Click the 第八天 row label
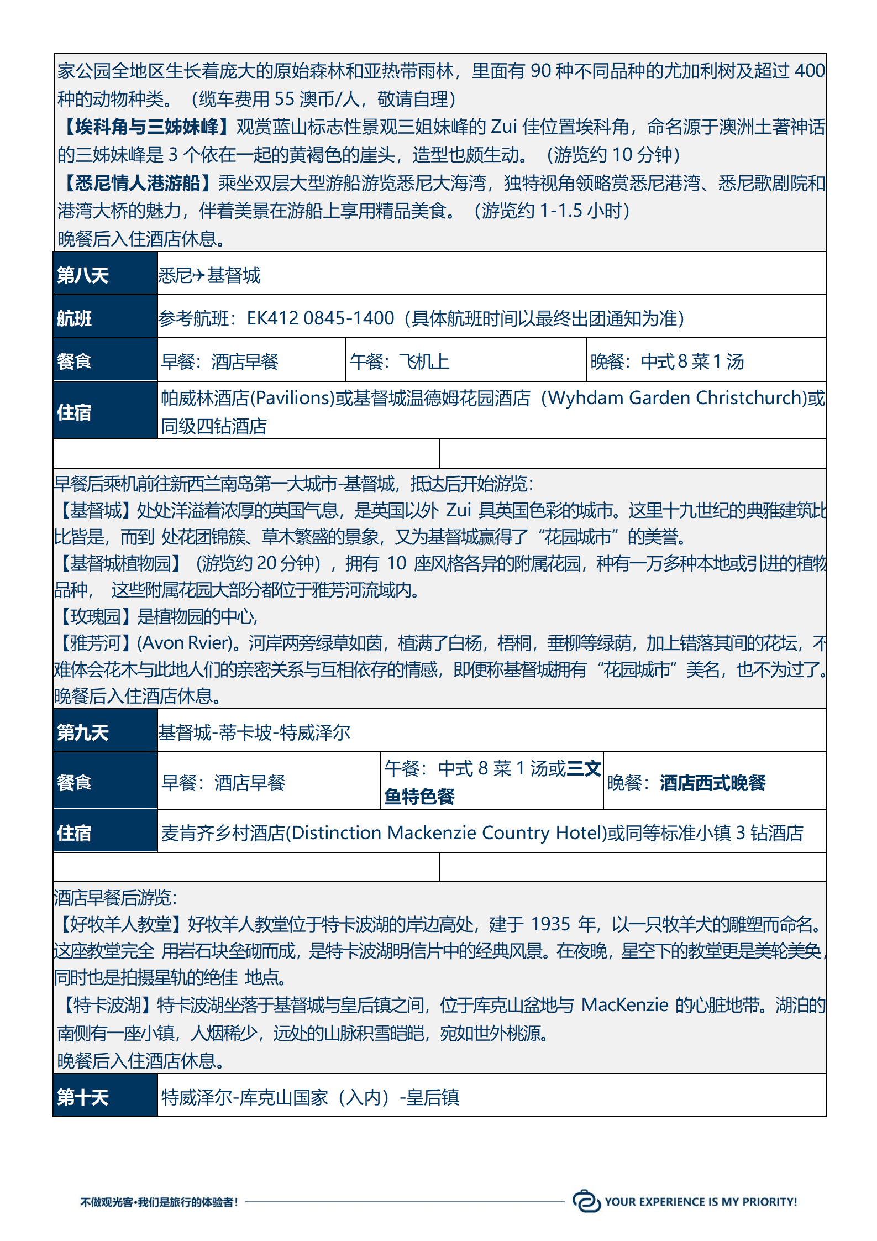83,275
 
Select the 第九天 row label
83,732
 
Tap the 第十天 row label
83,1097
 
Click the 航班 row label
75,318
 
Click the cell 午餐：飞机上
400,362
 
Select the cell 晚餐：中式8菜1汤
667,362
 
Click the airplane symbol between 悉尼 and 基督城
199,275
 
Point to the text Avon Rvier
185,643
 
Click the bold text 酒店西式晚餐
712,783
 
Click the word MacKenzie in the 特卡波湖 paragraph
624,1004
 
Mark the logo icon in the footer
586,1201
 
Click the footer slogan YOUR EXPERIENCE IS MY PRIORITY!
701,1202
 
